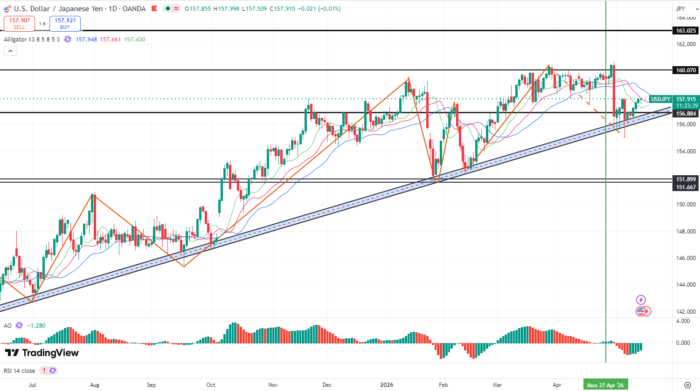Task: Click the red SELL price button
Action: click(x=19, y=24)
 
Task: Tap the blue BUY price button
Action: click(x=65, y=24)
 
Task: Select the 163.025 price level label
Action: click(x=686, y=31)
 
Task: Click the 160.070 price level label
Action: click(x=686, y=70)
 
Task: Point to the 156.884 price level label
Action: click(x=686, y=114)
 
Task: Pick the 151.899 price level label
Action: click(x=686, y=179)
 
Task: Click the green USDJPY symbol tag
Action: click(x=661, y=99)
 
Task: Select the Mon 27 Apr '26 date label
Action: click(x=605, y=385)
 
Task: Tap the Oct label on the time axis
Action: click(x=211, y=385)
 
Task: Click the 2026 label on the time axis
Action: click(x=387, y=385)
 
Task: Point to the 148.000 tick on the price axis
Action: click(x=686, y=232)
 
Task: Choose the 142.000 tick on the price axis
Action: click(x=686, y=312)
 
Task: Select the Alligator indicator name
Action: click(x=15, y=40)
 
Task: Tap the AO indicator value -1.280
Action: click(x=36, y=325)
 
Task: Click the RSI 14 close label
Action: click(x=20, y=370)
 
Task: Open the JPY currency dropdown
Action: click(x=686, y=9)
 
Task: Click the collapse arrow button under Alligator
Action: click(x=10, y=51)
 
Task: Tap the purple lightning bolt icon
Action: click(x=641, y=300)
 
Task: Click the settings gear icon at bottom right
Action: click(x=687, y=385)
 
